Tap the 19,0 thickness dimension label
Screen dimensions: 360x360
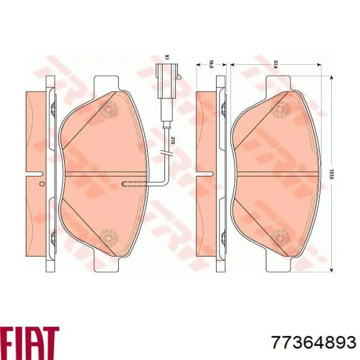[211, 64]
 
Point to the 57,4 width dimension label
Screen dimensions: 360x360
[276, 64]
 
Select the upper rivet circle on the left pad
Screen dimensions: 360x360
[109, 110]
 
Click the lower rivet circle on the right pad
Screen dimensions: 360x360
[281, 236]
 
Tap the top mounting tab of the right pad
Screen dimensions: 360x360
[278, 82]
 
